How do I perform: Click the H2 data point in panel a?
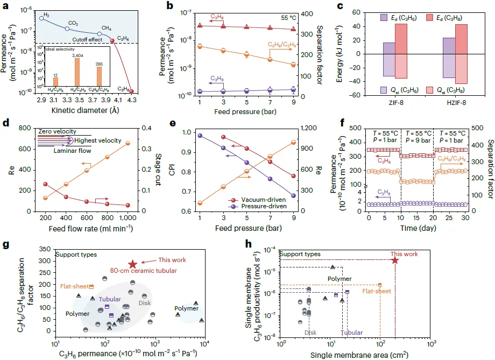[x=42, y=18]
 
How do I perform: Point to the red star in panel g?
[x=132, y=264]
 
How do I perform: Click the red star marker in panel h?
[x=395, y=260]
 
